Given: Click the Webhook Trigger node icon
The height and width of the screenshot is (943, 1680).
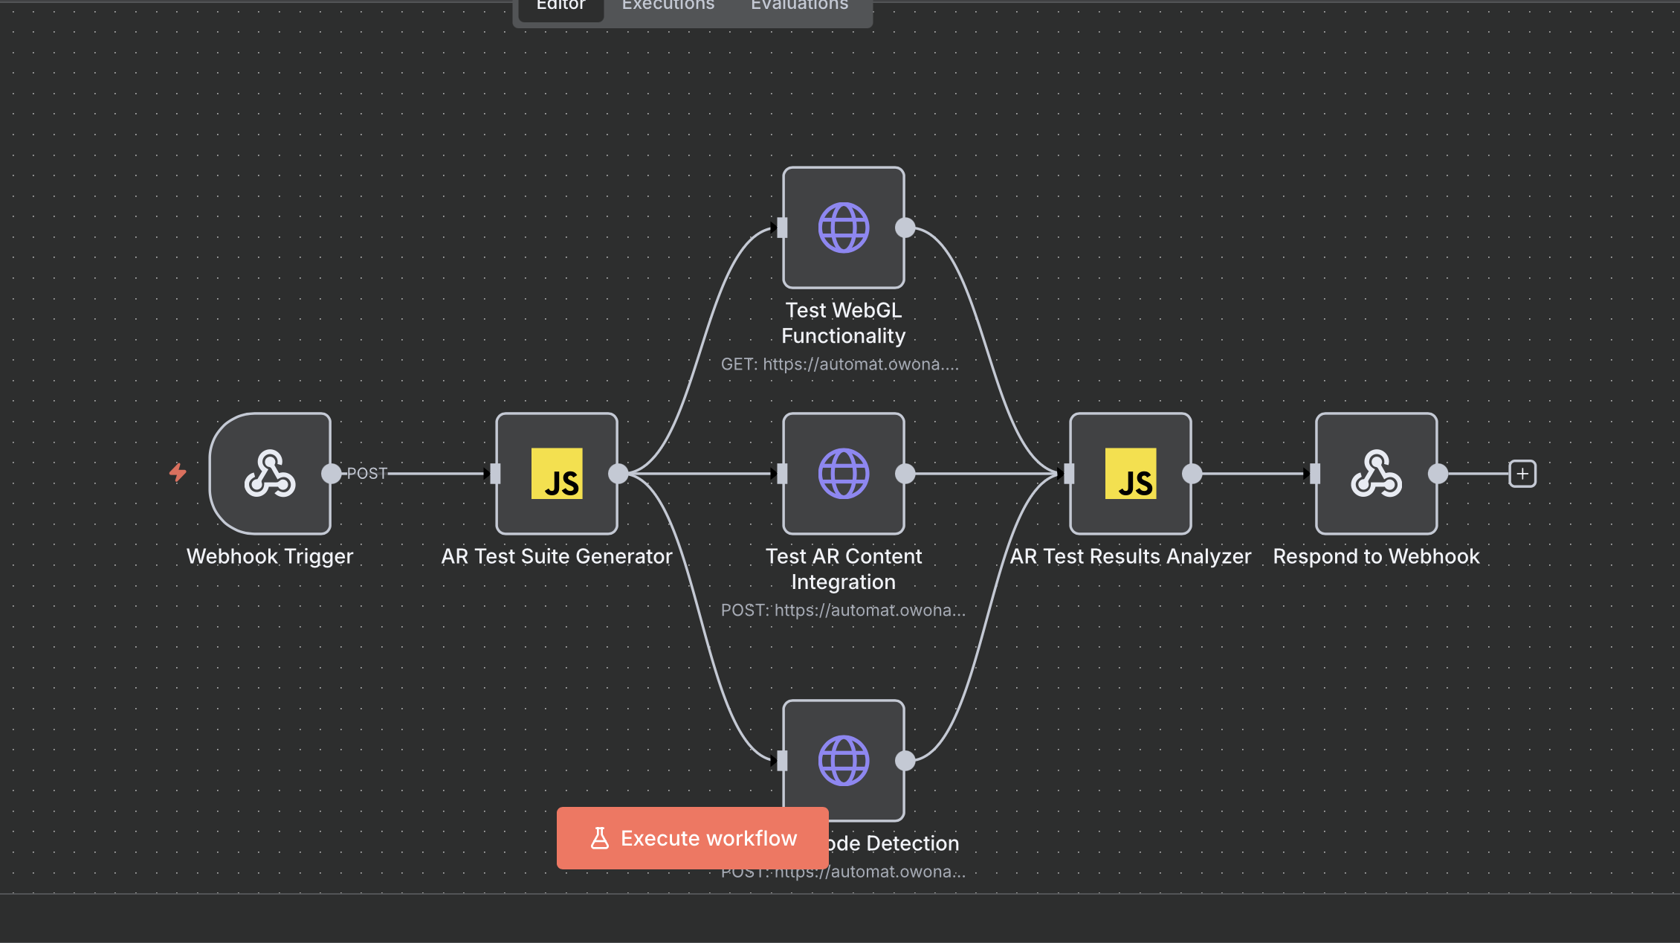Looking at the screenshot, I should [x=270, y=474].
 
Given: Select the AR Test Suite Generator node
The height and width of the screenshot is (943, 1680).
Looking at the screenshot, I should [x=557, y=474].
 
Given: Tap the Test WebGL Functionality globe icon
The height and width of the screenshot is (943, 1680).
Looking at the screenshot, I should [x=844, y=228].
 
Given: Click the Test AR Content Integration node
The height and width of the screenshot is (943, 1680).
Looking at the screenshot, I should [x=844, y=474].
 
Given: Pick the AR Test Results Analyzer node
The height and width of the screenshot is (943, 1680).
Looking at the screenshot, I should [x=1131, y=474].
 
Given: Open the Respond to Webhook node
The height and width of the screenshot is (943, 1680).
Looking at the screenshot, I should [x=1377, y=474].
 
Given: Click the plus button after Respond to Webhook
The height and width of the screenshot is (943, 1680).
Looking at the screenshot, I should [x=1522, y=474].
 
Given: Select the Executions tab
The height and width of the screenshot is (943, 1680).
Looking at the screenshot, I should [x=668, y=6].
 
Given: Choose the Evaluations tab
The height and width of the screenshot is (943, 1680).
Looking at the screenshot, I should [x=799, y=6].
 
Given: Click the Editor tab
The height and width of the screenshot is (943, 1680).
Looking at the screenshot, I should [x=561, y=6].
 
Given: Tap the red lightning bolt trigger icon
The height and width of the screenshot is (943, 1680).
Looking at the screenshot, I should [x=178, y=472].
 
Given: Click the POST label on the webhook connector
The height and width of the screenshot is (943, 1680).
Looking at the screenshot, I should [x=367, y=474].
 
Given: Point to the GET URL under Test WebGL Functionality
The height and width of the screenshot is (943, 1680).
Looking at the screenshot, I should [x=840, y=364].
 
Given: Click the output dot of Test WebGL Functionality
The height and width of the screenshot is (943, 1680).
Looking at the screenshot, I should [x=905, y=228].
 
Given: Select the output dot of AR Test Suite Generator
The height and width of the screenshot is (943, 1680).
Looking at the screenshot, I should [x=618, y=474].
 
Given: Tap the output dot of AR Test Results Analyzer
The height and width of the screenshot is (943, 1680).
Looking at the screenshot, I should [x=1192, y=474].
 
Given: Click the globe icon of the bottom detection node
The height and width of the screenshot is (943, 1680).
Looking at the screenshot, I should [x=844, y=761].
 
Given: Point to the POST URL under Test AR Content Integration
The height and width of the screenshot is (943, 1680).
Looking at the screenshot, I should [x=843, y=611].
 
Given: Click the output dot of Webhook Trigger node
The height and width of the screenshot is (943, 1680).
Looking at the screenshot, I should [x=332, y=474].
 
